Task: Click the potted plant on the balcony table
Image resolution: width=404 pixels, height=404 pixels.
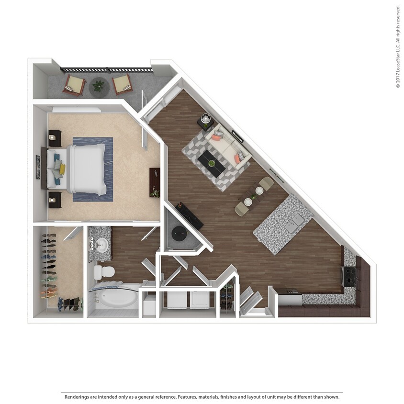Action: tap(98, 86)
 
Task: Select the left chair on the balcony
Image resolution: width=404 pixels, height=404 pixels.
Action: tap(75, 85)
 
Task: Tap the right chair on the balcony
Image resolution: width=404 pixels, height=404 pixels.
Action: tap(122, 84)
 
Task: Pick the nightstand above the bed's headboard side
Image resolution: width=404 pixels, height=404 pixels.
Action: tap(54, 138)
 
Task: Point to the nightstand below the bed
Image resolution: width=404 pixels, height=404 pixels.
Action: tap(55, 199)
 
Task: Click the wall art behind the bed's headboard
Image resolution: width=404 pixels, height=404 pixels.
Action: tap(38, 167)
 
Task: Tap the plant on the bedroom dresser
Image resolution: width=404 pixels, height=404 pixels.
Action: tap(154, 192)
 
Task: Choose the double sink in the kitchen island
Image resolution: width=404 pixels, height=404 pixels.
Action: tap(293, 222)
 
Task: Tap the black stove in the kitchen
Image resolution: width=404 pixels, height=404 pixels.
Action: tap(348, 276)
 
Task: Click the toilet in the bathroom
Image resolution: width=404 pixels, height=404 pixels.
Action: tap(104, 272)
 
